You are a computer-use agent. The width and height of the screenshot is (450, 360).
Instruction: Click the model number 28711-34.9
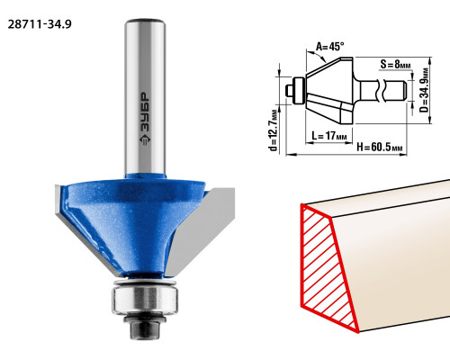pos(40,24)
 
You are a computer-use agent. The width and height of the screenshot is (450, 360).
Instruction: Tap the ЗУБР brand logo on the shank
pos(145,118)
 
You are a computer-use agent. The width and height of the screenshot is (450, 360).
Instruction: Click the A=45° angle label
pos(330,47)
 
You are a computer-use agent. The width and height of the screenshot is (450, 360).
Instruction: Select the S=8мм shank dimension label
pos(395,64)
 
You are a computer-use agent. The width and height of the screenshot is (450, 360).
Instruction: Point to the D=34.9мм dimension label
pos(424,90)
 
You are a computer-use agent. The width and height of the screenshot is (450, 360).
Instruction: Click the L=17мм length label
pos(329,136)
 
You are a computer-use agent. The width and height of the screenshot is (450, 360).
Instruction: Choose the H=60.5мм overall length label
pos(379,148)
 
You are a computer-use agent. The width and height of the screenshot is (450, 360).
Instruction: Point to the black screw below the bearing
pos(145,327)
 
